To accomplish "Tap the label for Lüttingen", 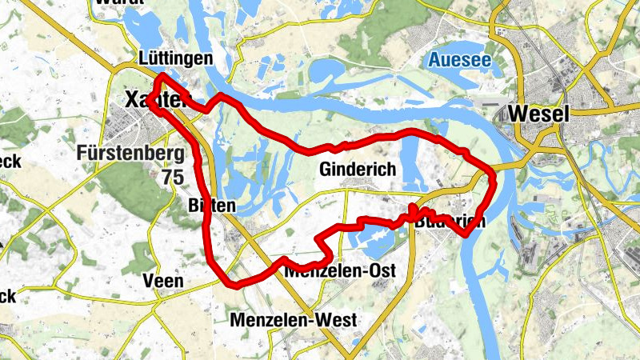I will point(174,58).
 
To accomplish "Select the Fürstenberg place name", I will point(132,152).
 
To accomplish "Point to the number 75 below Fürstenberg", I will point(171,177).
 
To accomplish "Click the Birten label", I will point(211,206).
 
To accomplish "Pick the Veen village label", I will point(162,281).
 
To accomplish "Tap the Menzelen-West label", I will point(293,320).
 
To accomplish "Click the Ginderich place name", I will point(357,170).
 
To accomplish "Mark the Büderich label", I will point(450,222).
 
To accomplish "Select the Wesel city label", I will point(538,114).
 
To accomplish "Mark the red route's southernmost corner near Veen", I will point(231,284).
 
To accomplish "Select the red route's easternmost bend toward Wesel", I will point(494,181).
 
